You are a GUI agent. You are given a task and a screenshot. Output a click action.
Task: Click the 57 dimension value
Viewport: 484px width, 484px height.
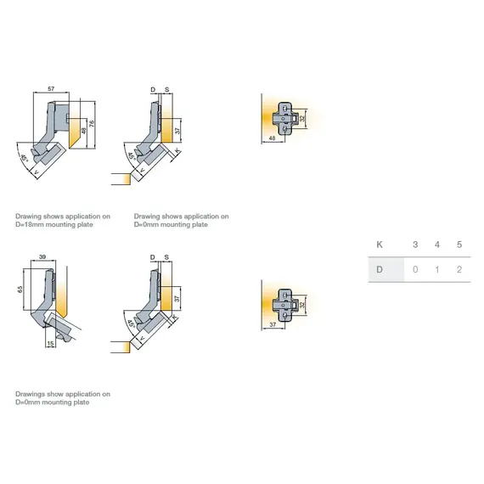click(x=51, y=89)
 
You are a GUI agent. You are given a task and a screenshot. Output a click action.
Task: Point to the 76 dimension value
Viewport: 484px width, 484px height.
click(x=91, y=123)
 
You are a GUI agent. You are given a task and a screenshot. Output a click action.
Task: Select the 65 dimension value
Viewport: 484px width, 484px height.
click(x=20, y=290)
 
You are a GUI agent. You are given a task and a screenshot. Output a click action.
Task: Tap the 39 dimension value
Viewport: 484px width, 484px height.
click(x=42, y=256)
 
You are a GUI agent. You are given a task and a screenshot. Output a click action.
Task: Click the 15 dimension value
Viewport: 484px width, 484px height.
click(x=50, y=343)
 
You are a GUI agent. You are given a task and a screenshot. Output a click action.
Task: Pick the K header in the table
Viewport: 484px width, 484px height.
click(x=380, y=245)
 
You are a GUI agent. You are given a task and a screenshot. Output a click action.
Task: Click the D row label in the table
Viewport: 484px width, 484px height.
click(x=380, y=269)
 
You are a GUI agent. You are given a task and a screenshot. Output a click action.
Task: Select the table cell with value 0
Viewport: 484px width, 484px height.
click(x=415, y=269)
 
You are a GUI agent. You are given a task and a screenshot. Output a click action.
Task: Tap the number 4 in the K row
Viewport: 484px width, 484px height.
click(x=437, y=245)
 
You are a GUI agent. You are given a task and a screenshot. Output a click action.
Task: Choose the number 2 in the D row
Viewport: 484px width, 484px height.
click(x=459, y=269)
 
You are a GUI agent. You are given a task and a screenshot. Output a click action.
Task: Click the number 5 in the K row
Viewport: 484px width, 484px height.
click(x=459, y=245)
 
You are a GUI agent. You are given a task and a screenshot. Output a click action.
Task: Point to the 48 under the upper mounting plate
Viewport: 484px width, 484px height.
click(x=272, y=138)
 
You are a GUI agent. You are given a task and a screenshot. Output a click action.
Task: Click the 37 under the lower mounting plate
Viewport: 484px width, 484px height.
click(x=273, y=324)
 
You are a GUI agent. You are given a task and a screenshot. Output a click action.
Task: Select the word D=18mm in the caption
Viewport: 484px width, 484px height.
click(x=30, y=224)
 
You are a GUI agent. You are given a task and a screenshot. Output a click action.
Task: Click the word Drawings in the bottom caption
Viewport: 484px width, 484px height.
click(x=31, y=394)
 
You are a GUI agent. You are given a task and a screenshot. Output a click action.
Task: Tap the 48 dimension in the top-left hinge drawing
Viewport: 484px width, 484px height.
click(x=83, y=131)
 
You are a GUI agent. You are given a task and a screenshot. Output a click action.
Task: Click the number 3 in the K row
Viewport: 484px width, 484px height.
click(x=415, y=245)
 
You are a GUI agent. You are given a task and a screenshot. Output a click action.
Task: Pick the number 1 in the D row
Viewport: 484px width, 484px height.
click(x=437, y=269)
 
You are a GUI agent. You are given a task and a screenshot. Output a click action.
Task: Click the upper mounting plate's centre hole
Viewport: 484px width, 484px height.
click(x=284, y=119)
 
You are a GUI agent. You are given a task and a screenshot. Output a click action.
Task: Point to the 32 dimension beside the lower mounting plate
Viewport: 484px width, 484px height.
click(x=302, y=305)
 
